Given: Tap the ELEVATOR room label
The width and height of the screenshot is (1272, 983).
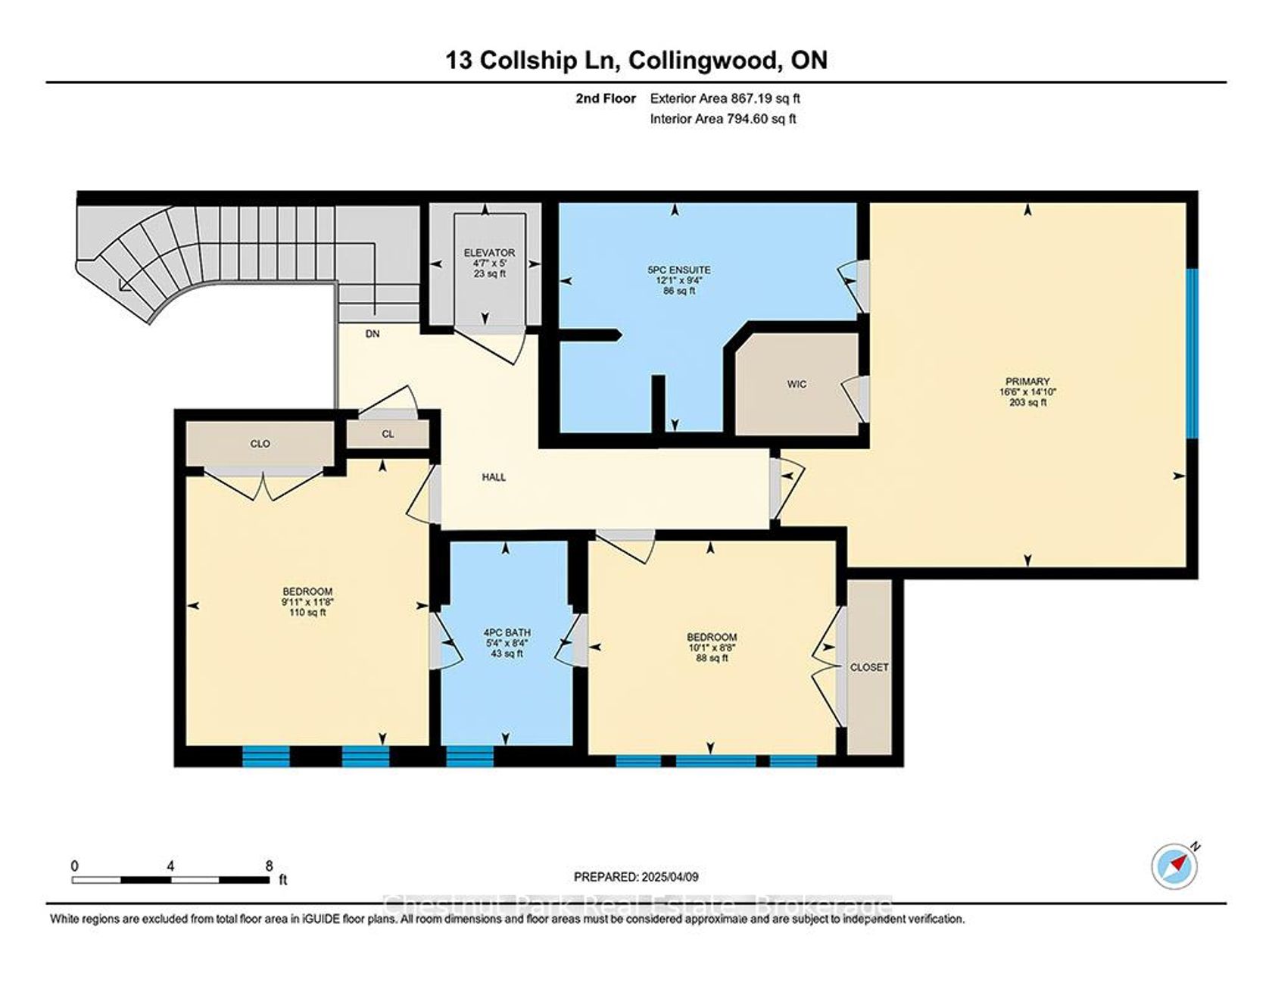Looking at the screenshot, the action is tap(489, 253).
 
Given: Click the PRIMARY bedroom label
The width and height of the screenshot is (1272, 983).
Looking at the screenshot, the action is tap(1027, 381).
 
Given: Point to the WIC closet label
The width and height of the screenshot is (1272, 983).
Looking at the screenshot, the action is tap(797, 384).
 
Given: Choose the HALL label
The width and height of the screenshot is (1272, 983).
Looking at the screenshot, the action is tap(494, 477).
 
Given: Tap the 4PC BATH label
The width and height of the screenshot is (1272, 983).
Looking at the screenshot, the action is tap(507, 632).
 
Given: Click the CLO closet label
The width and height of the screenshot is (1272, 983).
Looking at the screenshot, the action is tap(260, 444).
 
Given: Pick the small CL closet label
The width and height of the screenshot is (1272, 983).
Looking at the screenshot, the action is tap(388, 434).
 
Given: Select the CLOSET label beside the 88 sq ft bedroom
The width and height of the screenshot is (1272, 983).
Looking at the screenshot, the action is tap(869, 667).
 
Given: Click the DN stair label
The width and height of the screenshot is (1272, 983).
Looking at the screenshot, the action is tap(373, 333).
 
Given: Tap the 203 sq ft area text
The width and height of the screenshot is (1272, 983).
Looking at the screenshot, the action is tap(1027, 403).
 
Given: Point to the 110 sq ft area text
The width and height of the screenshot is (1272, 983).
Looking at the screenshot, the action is tap(307, 613).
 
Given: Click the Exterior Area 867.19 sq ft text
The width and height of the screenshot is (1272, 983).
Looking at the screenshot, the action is tap(725, 98).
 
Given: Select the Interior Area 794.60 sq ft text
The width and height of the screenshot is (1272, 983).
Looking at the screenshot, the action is tap(723, 119).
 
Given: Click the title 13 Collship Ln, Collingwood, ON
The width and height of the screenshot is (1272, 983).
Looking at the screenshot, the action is tap(637, 61).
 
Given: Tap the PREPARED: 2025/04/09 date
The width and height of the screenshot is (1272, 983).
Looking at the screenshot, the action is tap(636, 877).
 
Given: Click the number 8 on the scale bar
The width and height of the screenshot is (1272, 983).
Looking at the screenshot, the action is tap(269, 866).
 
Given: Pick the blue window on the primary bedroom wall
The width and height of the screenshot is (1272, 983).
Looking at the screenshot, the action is tap(1192, 354).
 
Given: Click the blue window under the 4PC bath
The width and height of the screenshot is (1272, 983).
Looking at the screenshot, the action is tap(469, 757).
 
